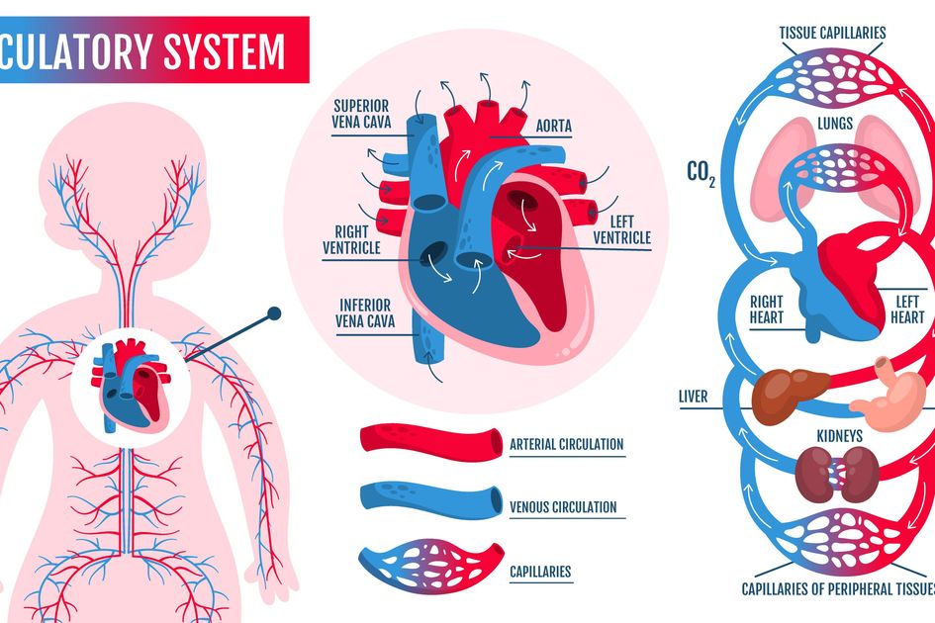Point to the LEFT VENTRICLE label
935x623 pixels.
click(x=621, y=229)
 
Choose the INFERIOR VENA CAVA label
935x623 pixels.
click(x=363, y=312)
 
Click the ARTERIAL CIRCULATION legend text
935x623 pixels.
click(x=566, y=444)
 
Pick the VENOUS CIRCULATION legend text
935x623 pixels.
click(x=562, y=507)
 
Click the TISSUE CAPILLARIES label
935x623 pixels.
click(x=832, y=33)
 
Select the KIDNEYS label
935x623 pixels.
click(x=839, y=435)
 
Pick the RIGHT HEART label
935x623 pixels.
click(x=766, y=310)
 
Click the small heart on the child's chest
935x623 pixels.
click(x=129, y=386)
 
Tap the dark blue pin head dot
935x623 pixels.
click(x=274, y=313)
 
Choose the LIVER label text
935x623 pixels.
click(x=694, y=397)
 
